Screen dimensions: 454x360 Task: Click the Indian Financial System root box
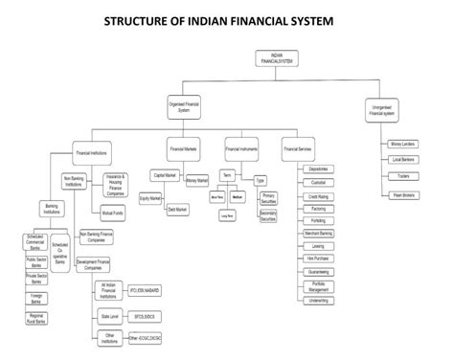[278, 57]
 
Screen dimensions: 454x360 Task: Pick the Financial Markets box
[184, 151]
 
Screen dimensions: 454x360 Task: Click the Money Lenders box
[402, 145]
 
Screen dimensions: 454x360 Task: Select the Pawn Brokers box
[402, 194]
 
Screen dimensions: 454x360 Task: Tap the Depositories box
[319, 169]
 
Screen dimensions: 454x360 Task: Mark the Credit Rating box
[319, 195]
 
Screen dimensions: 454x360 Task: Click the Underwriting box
[319, 300]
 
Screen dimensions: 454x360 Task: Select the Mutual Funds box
[114, 212]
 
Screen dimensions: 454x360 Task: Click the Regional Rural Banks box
[38, 317]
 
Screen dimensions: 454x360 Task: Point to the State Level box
[108, 313]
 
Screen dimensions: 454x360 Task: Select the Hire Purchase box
[319, 259]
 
